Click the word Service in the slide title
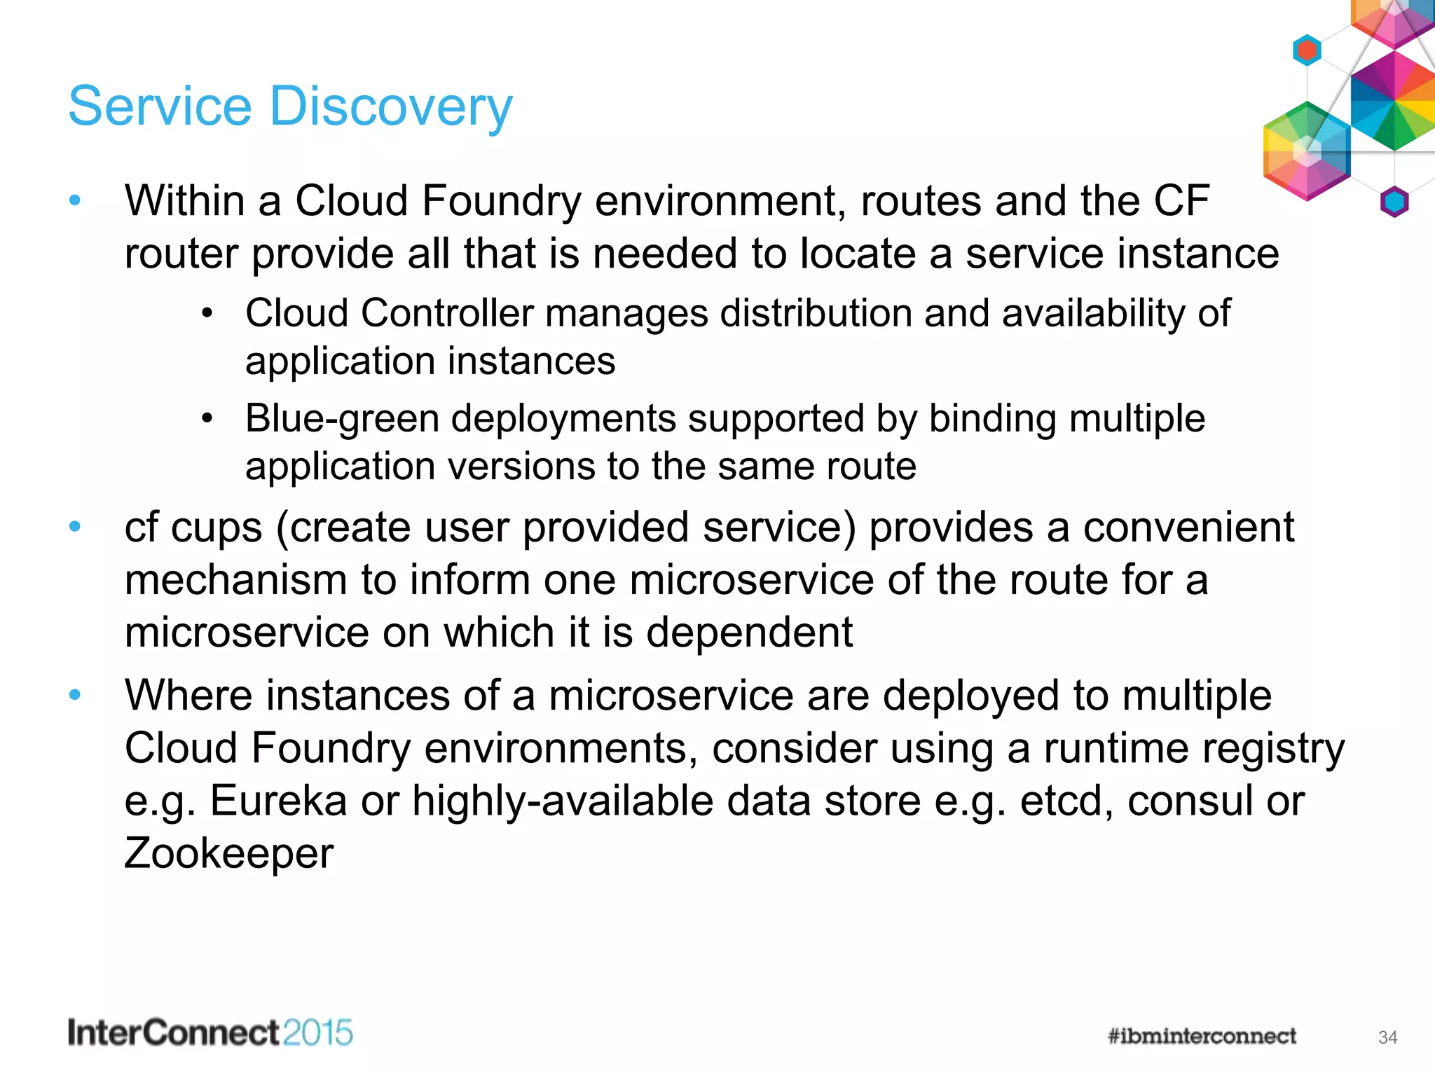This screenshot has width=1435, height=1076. tap(160, 106)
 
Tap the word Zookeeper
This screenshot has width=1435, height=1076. tap(228, 853)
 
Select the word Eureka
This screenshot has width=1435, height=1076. tap(278, 800)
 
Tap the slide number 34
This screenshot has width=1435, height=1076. tap(1387, 1037)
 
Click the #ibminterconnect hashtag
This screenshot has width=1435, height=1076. tap(1202, 1036)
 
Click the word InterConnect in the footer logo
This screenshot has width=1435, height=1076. tap(174, 1033)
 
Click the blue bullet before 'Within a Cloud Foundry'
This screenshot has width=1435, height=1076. tap(76, 201)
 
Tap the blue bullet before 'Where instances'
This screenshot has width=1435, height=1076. tap(76, 695)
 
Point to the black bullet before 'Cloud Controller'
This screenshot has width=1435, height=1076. tap(207, 313)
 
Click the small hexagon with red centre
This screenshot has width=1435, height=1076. tap(1307, 50)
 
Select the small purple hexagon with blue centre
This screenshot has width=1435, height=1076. tap(1394, 202)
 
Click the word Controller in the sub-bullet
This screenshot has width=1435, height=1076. tap(446, 313)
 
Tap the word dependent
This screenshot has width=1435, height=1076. tap(748, 633)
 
